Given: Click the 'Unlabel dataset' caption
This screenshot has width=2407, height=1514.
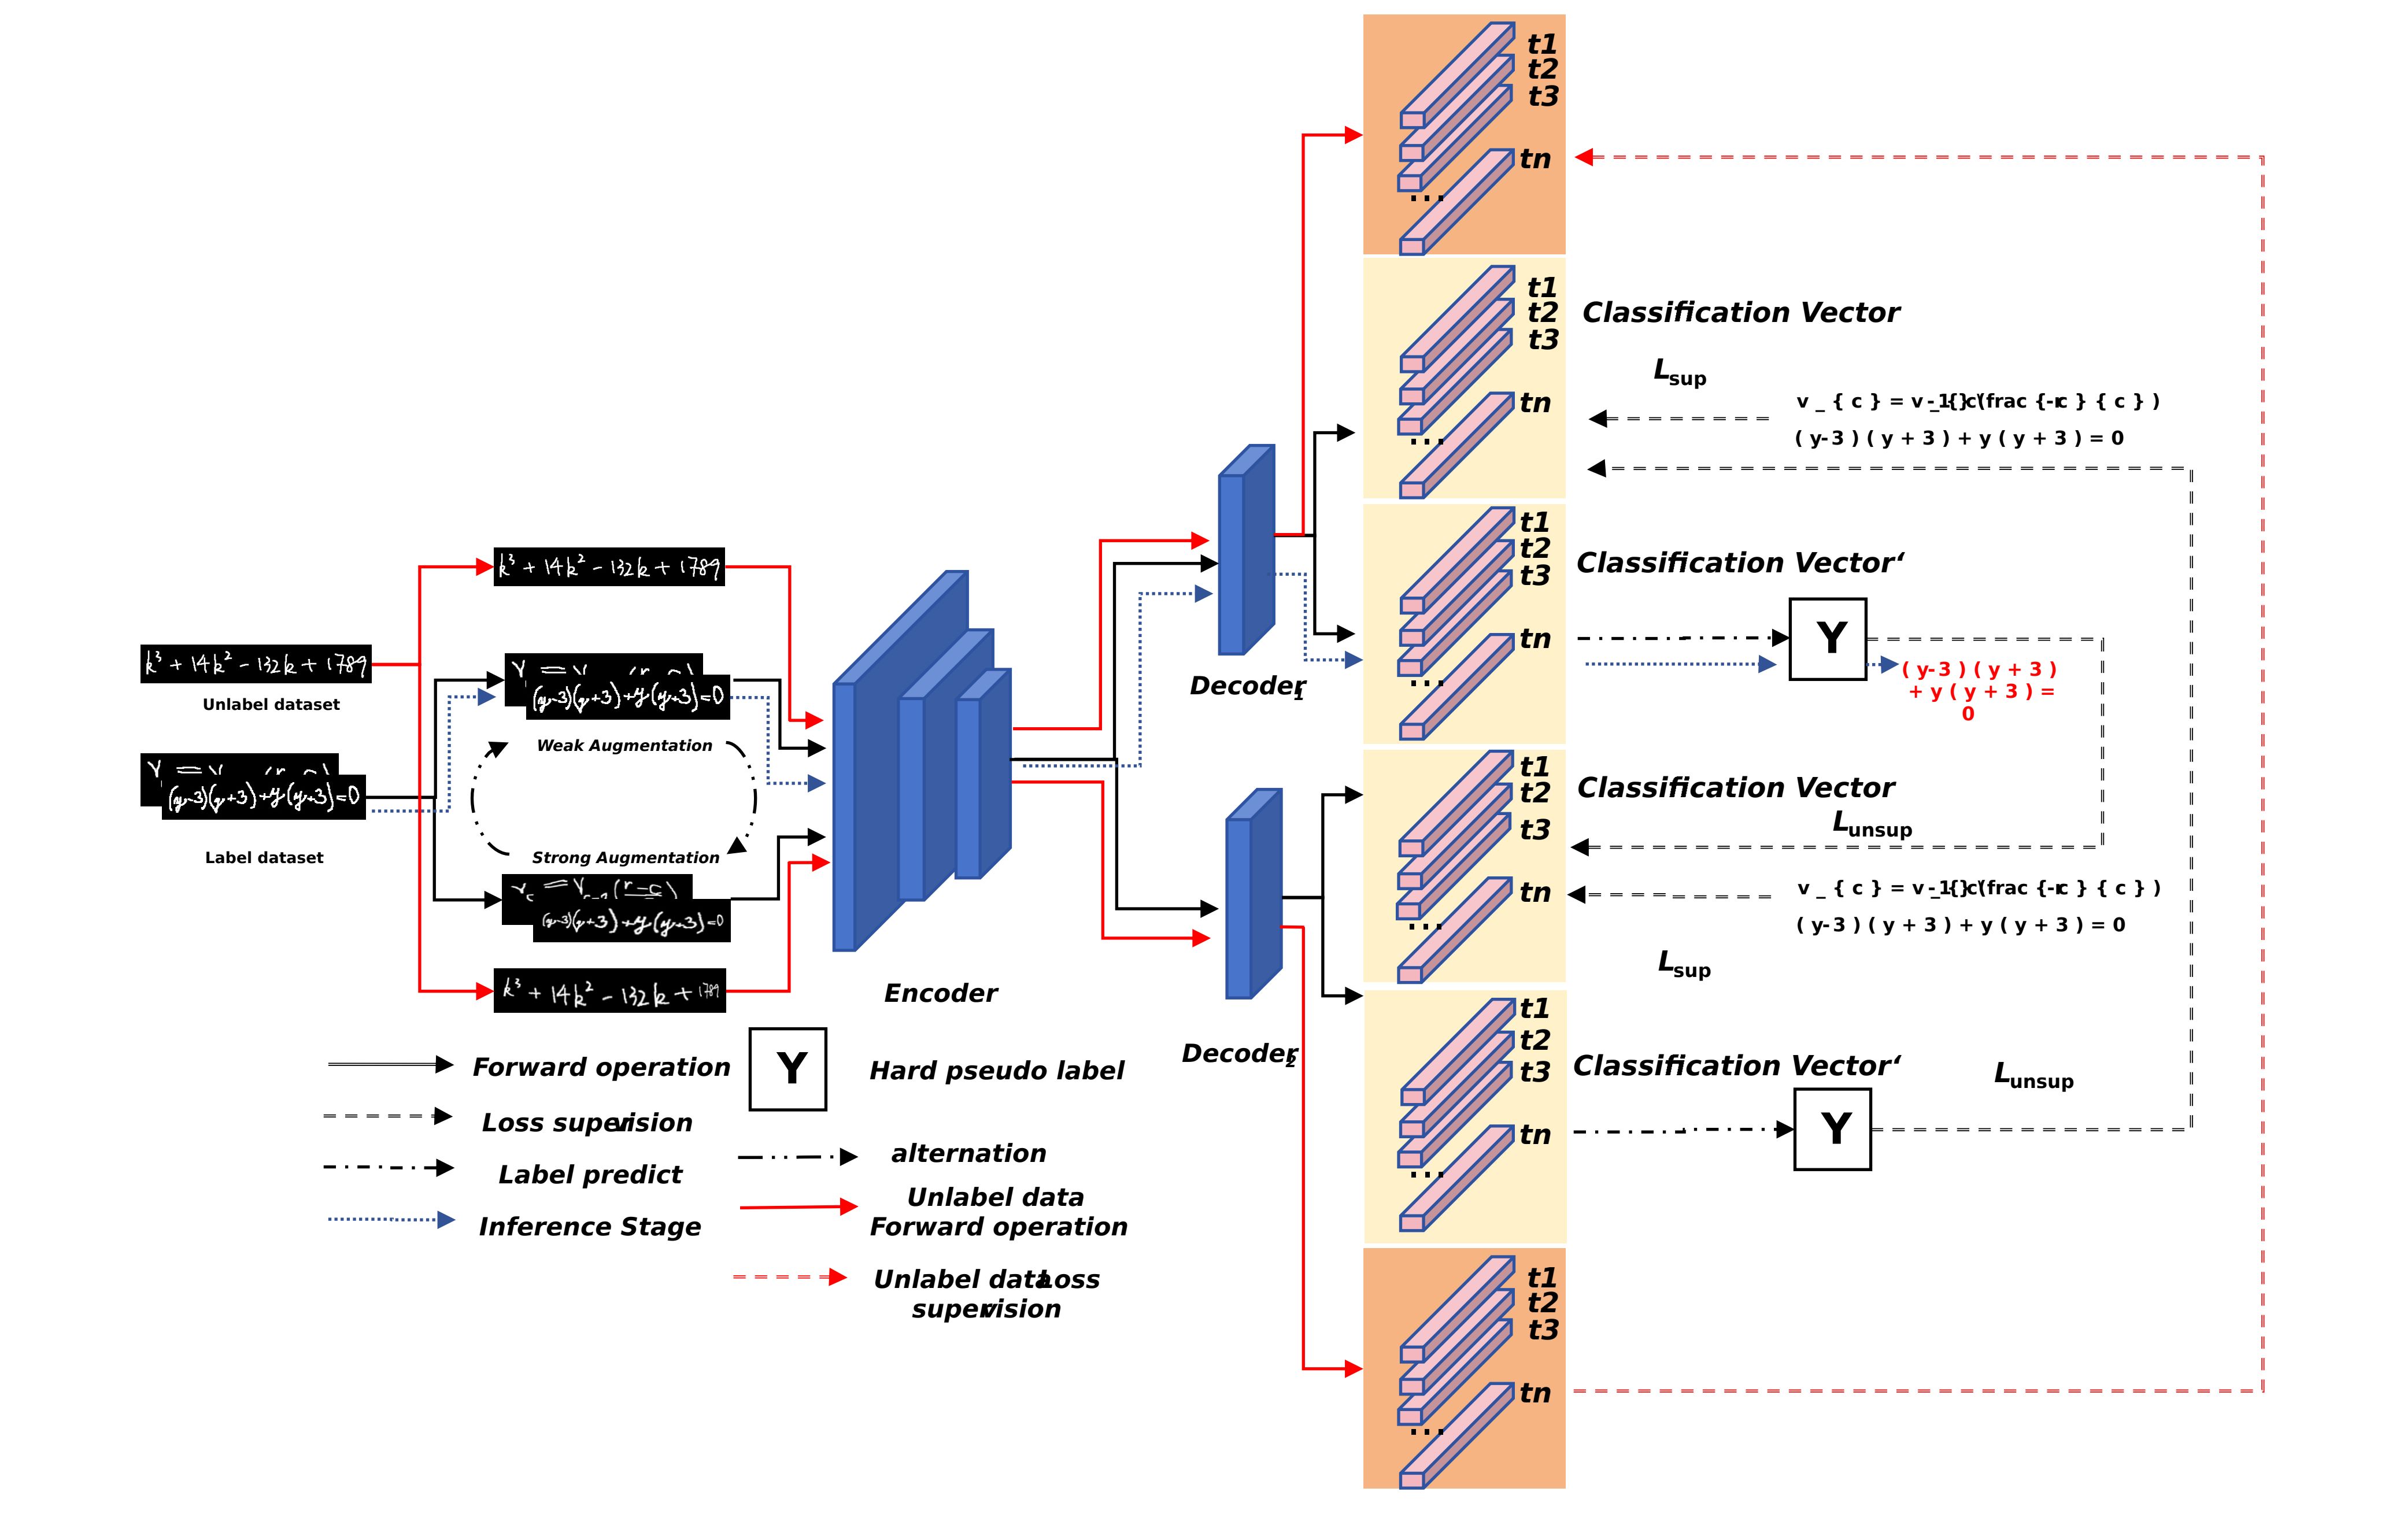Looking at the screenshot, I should (271, 705).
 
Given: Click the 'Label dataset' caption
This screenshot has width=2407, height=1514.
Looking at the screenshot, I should (264, 857).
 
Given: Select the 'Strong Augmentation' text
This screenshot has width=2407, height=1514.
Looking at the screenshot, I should (625, 857).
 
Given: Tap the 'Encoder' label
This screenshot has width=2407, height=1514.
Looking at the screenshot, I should (940, 993).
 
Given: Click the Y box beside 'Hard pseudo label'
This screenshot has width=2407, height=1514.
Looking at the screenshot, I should (787, 1069).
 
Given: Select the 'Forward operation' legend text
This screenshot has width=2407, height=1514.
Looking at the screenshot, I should (601, 1067).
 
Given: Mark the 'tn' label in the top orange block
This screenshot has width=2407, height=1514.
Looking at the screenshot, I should (1535, 159).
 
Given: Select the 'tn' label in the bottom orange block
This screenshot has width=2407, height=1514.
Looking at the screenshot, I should (1535, 1393).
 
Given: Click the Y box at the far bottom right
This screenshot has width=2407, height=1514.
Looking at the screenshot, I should (1832, 1129).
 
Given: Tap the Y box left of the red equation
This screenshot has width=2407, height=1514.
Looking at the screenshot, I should (1827, 639).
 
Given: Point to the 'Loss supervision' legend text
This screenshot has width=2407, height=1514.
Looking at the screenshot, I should (587, 1123).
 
